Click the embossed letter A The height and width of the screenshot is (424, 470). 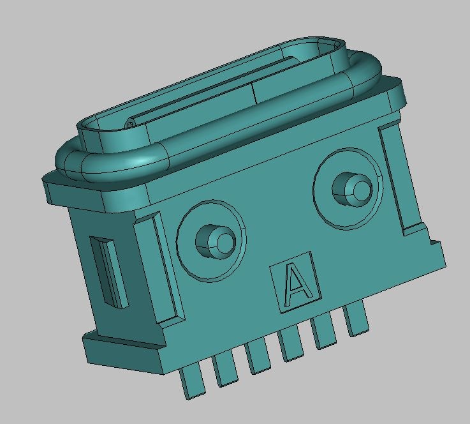point(295,284)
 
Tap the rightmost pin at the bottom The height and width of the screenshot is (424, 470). point(356,319)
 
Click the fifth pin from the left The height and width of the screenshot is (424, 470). point(324,331)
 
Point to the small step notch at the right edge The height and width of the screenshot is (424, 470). point(434,242)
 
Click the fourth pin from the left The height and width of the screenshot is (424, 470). point(291,344)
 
